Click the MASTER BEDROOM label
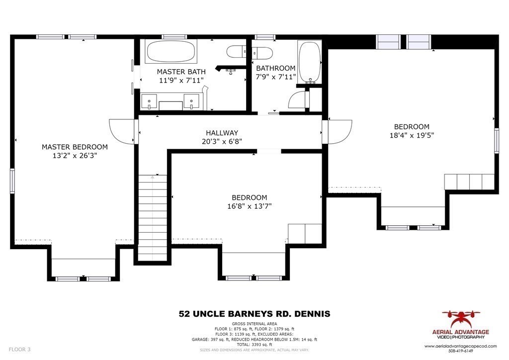75,147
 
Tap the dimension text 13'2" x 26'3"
75,156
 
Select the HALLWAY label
222,133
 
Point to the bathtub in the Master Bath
171,51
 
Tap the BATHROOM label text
275,68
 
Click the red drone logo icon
461,318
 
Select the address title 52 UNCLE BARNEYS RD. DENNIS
254,314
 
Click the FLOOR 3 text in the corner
19,350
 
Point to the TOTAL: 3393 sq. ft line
254,345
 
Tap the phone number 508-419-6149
461,351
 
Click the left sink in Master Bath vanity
149,101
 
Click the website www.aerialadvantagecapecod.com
461,346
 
